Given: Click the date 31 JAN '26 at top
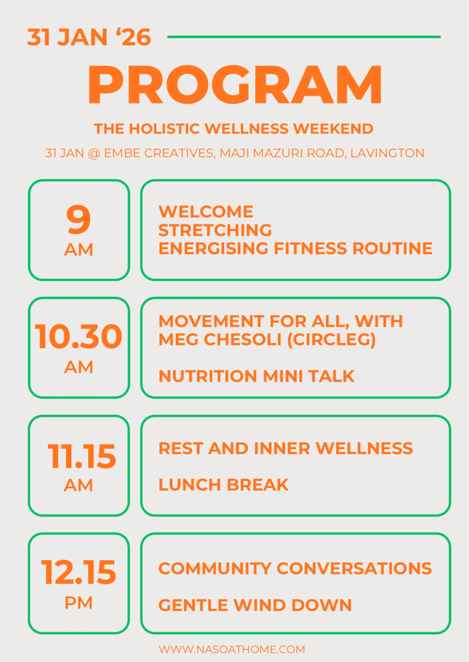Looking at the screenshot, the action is (89, 37).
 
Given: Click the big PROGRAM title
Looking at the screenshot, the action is (235, 84).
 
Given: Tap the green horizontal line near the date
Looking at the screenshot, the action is (304, 37).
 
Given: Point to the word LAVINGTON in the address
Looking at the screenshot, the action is (387, 153).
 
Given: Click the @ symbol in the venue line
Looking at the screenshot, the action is (94, 153).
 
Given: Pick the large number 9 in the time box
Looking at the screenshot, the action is (78, 219).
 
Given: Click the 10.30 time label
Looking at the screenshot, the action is (78, 337).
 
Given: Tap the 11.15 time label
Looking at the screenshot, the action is (82, 456).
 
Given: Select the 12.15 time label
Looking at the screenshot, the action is (78, 573).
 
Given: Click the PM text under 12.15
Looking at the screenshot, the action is (78, 602).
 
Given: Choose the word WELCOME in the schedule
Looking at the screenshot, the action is (206, 212).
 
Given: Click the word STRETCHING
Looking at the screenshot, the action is (215, 230).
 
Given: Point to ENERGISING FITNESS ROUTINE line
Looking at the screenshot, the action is (295, 248).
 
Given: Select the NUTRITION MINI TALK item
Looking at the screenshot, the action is (257, 376).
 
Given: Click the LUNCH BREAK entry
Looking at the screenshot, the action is (223, 485).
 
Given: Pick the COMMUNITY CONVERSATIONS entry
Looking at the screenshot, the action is (295, 568).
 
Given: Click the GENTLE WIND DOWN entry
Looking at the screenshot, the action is (255, 605).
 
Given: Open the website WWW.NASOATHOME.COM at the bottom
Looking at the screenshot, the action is (232, 649).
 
